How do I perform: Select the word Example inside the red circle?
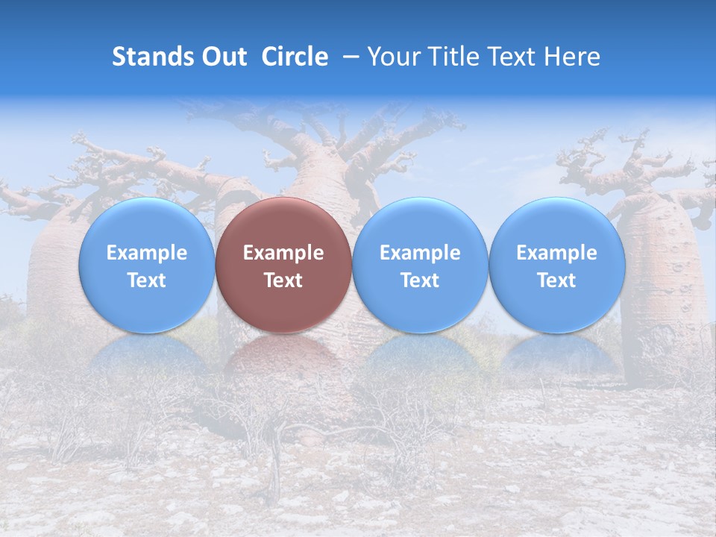(x=283, y=253)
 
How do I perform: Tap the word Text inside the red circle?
(x=283, y=280)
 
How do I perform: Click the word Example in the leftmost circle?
(x=147, y=253)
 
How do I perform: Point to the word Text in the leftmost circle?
(x=147, y=280)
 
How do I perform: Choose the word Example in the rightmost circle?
(x=557, y=253)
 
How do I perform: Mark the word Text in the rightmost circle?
(x=557, y=280)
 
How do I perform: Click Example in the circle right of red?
(x=420, y=253)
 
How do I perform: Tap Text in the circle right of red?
(x=420, y=280)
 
